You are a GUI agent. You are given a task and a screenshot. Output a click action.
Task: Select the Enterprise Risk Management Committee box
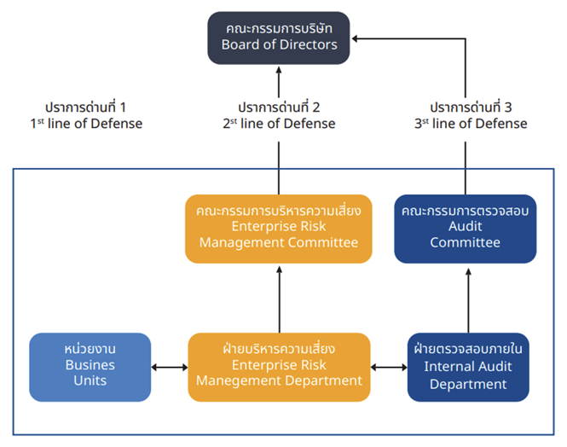[279, 227]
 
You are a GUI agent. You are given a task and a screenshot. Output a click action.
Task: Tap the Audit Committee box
[465, 227]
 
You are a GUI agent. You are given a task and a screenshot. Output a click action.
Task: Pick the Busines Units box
[90, 365]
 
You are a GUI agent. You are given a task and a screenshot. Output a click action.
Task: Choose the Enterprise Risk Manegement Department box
[279, 365]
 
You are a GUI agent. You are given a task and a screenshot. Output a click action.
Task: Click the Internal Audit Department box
[466, 367]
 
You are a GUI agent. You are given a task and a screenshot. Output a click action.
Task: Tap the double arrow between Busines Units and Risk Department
[169, 368]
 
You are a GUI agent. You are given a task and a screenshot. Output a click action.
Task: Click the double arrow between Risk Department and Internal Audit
[388, 368]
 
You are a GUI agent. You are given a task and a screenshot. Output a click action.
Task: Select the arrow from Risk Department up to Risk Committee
[279, 299]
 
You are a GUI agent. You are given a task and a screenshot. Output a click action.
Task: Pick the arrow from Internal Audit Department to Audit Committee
[466, 299]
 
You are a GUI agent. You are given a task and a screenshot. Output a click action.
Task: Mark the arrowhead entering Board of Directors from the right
[356, 38]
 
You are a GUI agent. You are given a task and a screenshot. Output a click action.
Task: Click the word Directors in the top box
[308, 45]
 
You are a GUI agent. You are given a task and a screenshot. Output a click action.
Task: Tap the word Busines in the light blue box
[90, 364]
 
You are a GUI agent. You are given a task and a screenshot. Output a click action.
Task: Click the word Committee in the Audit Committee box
[465, 242]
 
